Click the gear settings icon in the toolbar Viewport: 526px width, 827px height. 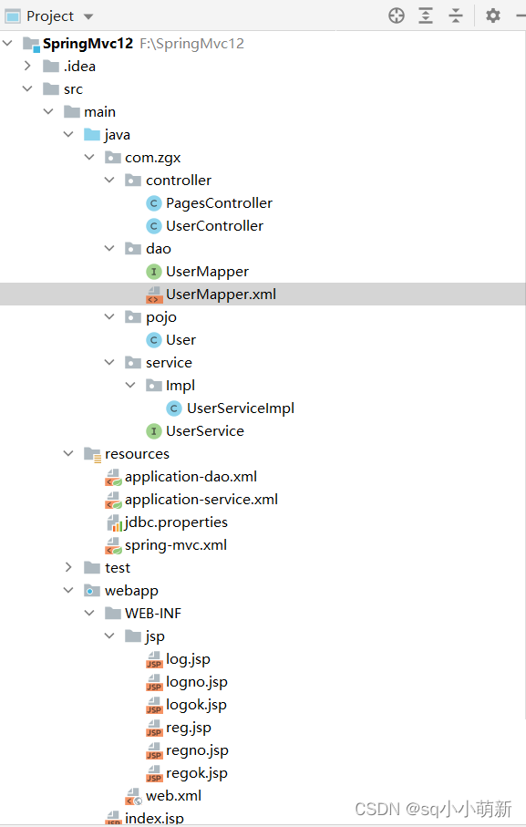coord(493,16)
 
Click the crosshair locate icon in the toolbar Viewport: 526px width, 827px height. coord(397,16)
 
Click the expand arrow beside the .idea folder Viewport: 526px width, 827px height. coord(27,66)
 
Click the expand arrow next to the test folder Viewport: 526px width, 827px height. coord(68,567)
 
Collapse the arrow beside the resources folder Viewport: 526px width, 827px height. coord(68,453)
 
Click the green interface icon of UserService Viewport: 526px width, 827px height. coord(153,431)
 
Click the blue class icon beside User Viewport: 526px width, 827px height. coord(153,340)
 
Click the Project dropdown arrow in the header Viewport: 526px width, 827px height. coord(88,17)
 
